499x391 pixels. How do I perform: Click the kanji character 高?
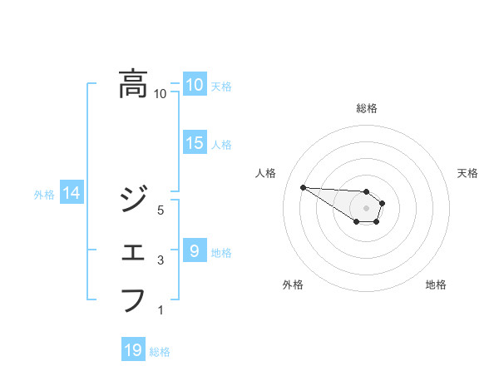point(133,84)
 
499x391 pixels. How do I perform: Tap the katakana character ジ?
point(133,198)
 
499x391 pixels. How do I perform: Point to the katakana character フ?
point(133,299)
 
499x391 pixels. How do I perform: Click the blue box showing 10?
point(194,84)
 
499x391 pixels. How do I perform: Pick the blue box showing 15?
point(194,143)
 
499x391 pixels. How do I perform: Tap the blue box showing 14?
point(72,194)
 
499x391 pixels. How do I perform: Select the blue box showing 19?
point(133,350)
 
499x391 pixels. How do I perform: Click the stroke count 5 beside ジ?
point(161,210)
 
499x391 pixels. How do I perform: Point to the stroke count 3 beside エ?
point(161,261)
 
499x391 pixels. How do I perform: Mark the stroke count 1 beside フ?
point(161,311)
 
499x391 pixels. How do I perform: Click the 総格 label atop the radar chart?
point(367,108)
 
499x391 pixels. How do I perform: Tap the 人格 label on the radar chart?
point(265,173)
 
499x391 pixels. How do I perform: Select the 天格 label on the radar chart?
point(467,173)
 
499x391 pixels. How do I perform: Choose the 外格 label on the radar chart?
point(293,285)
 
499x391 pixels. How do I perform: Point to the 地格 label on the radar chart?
point(436,285)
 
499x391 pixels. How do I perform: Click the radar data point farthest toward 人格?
point(303,187)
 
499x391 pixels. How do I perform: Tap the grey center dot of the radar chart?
point(367,207)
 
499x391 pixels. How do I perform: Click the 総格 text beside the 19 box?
point(160,352)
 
